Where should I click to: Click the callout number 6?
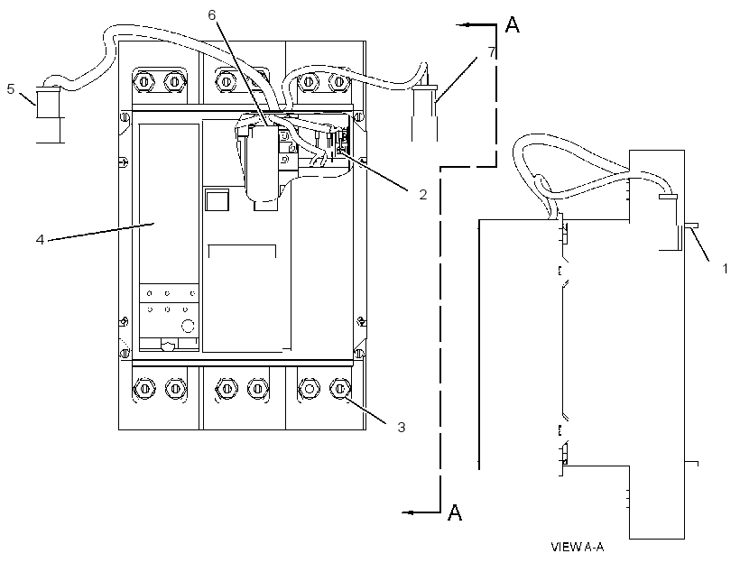point(211,15)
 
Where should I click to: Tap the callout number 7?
point(492,52)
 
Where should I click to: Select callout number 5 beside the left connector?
point(11,88)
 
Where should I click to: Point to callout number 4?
point(40,240)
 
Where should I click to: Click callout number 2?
point(423,194)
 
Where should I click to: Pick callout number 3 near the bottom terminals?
point(402,427)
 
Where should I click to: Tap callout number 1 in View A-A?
point(725,269)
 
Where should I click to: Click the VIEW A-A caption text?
point(578,547)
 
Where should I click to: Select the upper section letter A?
point(512,24)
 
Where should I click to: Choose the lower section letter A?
point(455,512)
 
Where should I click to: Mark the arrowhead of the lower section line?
point(409,512)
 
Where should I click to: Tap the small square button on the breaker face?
point(217,198)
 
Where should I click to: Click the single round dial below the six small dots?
point(188,326)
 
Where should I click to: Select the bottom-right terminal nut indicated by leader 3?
point(340,390)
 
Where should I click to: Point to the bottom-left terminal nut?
point(145,389)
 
